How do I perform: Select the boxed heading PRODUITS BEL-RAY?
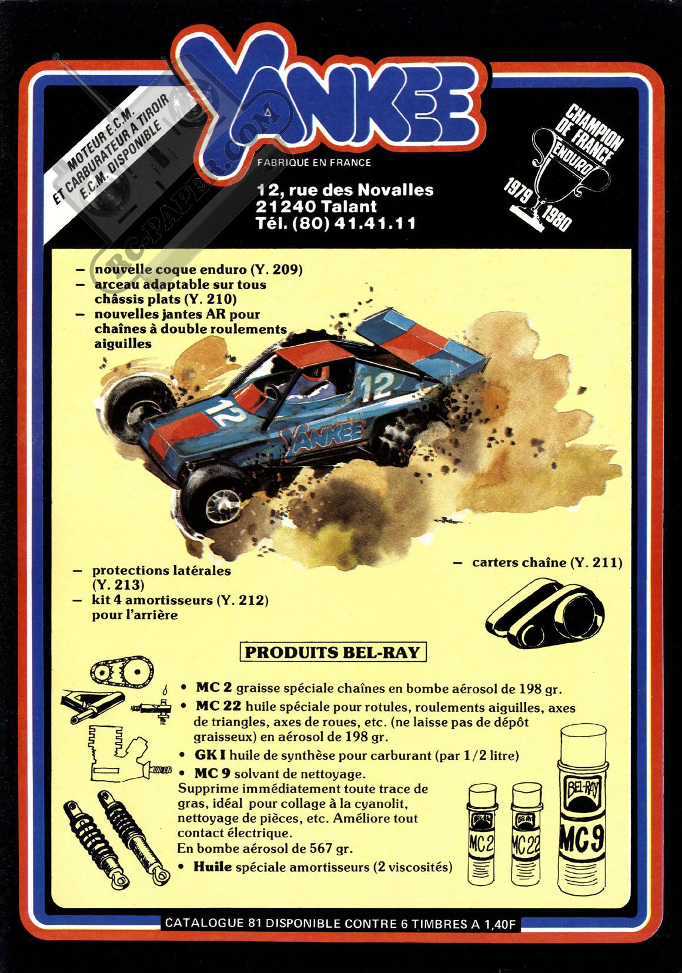click(333, 652)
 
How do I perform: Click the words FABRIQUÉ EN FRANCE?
click(314, 163)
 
